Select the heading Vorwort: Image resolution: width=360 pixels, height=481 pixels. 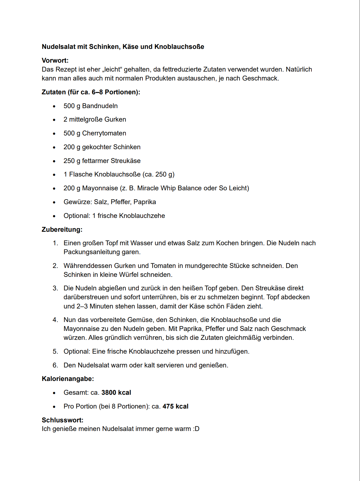click(x=55, y=60)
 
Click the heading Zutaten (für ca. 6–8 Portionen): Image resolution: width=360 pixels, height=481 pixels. click(x=91, y=92)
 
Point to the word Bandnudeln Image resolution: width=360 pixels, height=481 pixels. click(x=100, y=106)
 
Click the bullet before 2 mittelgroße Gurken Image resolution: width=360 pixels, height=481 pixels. click(x=54, y=120)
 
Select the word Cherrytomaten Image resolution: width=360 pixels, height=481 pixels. click(x=104, y=133)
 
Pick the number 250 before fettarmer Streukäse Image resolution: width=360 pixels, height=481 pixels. click(x=69, y=161)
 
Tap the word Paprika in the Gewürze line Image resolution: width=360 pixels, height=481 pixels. click(x=145, y=202)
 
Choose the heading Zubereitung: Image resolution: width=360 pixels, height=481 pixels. click(x=62, y=229)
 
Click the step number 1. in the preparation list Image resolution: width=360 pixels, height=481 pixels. click(x=55, y=243)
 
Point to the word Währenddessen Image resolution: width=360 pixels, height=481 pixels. click(x=88, y=266)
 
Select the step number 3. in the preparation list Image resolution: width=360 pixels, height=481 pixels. click(x=55, y=288)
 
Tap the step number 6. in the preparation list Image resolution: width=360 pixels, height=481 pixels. click(x=55, y=365)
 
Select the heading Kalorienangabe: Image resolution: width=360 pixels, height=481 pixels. click(x=68, y=379)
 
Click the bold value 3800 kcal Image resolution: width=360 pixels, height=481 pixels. click(x=116, y=392)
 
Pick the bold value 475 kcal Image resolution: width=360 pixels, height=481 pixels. click(x=175, y=406)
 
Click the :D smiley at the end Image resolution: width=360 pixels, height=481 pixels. click(x=196, y=429)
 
